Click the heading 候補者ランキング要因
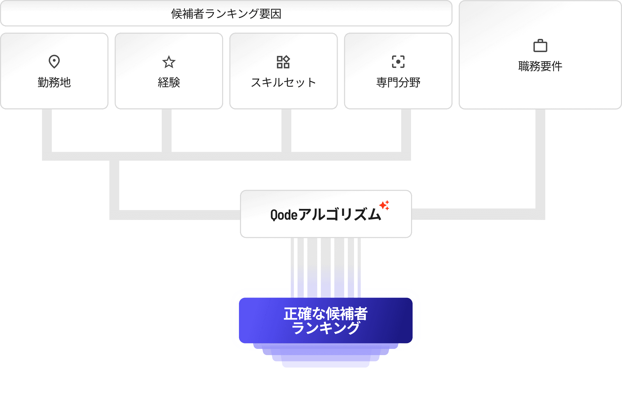coord(226,14)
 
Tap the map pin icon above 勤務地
coord(54,62)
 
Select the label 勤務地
coord(54,82)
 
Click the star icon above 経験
coord(169,62)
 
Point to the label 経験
coord(169,82)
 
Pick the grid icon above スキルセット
coord(283,62)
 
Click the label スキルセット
coord(283,82)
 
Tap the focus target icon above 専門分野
coord(398,62)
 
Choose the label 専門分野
coord(398,82)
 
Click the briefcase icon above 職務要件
coord(540,46)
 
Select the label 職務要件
coord(540,66)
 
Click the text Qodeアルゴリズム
coord(325,215)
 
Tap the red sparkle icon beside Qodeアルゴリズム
coord(384,205)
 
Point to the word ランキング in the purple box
coord(326,328)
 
